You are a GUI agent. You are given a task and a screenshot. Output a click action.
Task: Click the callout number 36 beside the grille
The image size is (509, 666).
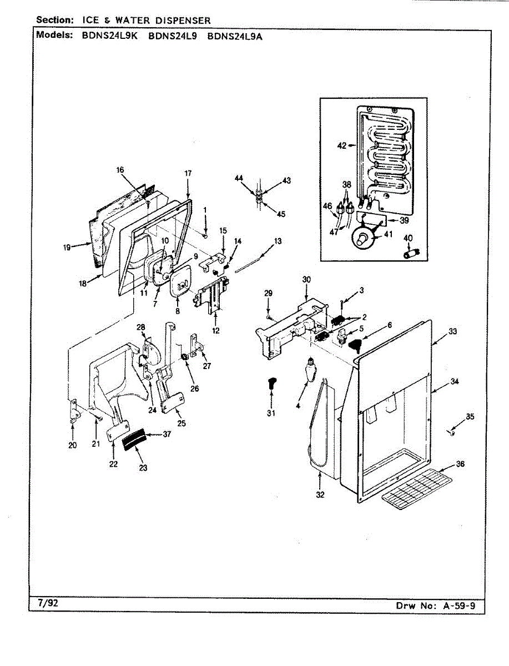coord(460,463)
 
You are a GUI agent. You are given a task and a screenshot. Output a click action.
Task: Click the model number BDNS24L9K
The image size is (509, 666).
coord(109,36)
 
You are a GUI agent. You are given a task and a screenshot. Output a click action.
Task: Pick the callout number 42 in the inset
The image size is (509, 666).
coord(341,145)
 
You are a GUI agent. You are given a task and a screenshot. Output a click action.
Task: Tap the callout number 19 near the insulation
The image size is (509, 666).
coord(67,248)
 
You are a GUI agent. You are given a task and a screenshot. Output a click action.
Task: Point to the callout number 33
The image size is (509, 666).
coord(452,332)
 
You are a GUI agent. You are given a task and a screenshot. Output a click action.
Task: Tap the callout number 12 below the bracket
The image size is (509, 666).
coord(216,330)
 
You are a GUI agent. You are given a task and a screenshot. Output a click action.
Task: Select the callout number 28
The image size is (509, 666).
coord(141,327)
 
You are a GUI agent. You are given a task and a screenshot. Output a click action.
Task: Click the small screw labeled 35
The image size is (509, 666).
coord(451,433)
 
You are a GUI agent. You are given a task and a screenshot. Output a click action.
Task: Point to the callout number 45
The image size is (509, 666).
coord(281,214)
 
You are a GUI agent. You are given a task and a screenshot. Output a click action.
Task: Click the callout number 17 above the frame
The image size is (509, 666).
coord(188,173)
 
